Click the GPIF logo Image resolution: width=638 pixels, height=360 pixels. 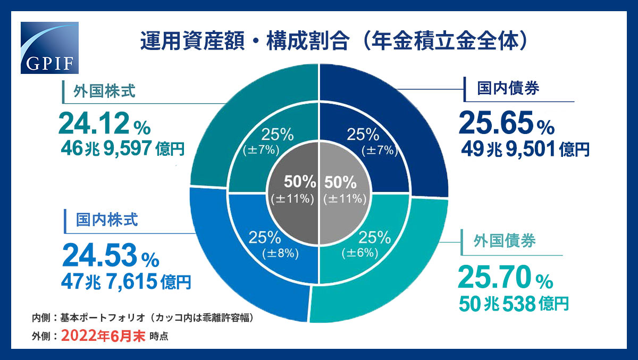49,48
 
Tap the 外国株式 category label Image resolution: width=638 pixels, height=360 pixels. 104,94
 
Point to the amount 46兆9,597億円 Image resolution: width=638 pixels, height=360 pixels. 123,147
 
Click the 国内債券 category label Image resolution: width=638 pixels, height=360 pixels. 508,88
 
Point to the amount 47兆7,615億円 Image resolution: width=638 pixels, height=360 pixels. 127,281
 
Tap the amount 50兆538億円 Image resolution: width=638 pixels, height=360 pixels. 514,303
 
